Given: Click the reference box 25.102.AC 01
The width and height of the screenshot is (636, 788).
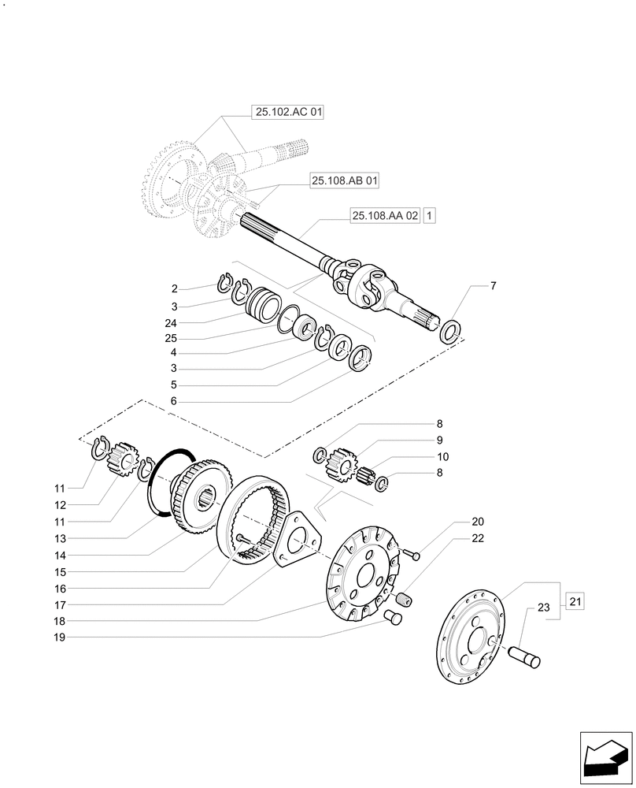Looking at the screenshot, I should [288, 113].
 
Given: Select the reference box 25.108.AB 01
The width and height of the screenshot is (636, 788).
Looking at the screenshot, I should [345, 181].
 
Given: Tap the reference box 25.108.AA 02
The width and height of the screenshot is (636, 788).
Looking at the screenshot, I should [385, 214].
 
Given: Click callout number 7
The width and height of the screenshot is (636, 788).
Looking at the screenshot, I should [493, 285].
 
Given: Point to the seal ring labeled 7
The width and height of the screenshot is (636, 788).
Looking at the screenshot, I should [451, 331].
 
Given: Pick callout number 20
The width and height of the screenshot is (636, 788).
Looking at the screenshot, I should [478, 522].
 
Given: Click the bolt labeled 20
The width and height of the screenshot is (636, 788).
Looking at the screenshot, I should [412, 555].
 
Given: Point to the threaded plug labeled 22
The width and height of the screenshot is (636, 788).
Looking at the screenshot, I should [402, 600].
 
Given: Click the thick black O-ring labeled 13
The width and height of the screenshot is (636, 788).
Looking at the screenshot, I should [163, 489].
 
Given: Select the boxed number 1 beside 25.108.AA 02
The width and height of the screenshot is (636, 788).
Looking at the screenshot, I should [429, 214].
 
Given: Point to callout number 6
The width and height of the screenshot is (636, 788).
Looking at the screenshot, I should [175, 400].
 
